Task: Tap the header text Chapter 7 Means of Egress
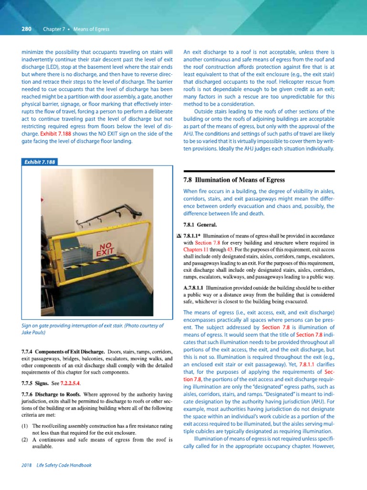coord(76,29)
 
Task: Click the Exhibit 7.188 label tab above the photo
coord(39,162)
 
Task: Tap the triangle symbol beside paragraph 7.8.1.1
coord(179,236)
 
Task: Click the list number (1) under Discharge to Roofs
coord(24,426)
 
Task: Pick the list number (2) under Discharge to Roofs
coord(24,439)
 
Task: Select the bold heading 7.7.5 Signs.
coord(36,383)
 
